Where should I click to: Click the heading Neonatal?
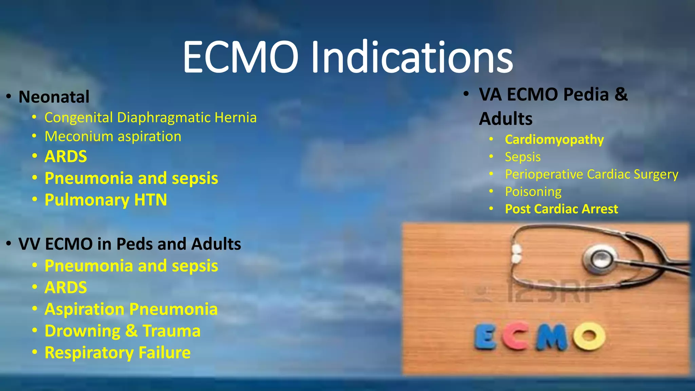54,97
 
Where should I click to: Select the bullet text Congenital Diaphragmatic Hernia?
150,117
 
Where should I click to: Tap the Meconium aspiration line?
113,136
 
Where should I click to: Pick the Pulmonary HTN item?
106,200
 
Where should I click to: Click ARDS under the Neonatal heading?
66,156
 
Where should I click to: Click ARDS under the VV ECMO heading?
66,287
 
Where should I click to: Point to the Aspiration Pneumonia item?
131,309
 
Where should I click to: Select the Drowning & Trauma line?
123,331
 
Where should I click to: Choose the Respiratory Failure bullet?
117,353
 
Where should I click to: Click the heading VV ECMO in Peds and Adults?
130,244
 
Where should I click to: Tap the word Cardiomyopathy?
554,139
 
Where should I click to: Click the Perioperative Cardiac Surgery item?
591,174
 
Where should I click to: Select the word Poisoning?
533,191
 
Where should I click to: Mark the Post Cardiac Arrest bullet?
561,209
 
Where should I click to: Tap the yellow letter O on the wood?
589,336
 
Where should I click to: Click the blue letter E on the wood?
485,337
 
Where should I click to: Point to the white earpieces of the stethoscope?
516,254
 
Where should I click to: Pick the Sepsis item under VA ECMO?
523,157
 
